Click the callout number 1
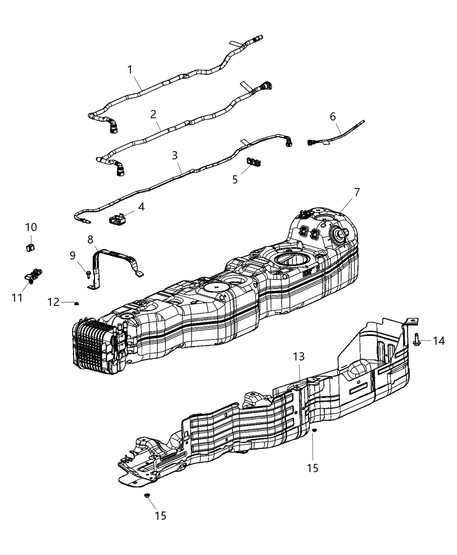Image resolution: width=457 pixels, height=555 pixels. click(x=130, y=69)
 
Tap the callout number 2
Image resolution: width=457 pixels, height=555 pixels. click(x=153, y=114)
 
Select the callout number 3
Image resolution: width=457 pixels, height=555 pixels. click(x=175, y=155)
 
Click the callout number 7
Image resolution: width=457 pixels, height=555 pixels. click(x=357, y=192)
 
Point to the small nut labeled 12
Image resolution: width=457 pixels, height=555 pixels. click(x=77, y=303)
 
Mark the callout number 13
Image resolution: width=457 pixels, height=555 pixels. click(x=299, y=357)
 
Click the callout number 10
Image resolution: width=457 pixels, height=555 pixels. click(x=31, y=227)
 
